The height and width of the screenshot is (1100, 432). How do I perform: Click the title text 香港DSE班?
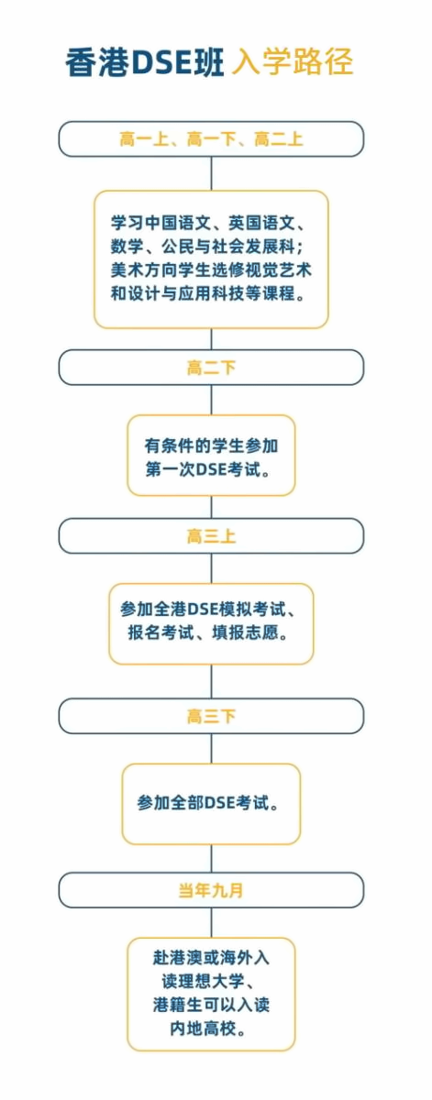point(146,62)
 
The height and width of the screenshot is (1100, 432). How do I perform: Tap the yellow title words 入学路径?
point(293,61)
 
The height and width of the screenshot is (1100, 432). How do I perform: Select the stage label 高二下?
point(211,368)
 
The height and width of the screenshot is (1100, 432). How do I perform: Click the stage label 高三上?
point(211,535)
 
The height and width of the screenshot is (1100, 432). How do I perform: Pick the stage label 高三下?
point(211,716)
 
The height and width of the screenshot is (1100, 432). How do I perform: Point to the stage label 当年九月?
point(211,890)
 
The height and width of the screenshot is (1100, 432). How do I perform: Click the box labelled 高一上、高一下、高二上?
point(211,139)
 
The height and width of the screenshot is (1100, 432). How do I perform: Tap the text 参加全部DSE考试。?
point(208,803)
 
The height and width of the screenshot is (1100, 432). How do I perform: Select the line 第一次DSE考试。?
point(208,469)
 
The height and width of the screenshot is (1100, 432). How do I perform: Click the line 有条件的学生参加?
point(211,445)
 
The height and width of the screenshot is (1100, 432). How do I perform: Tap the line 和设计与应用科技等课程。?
point(208,293)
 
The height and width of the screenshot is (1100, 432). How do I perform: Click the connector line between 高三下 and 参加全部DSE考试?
point(211,748)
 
